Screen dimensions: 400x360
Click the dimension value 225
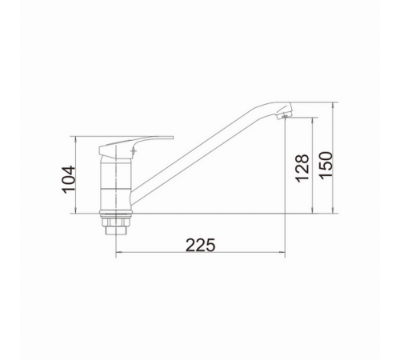click(200, 245)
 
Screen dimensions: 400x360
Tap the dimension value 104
click(68, 179)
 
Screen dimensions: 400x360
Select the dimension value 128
click(302, 168)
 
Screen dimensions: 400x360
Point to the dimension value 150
click(326, 166)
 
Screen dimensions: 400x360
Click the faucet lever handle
click(136, 146)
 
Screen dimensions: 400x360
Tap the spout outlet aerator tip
click(284, 116)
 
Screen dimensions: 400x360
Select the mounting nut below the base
click(116, 221)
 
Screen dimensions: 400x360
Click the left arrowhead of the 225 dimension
click(119, 252)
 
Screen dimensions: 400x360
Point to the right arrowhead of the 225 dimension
click(282, 252)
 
